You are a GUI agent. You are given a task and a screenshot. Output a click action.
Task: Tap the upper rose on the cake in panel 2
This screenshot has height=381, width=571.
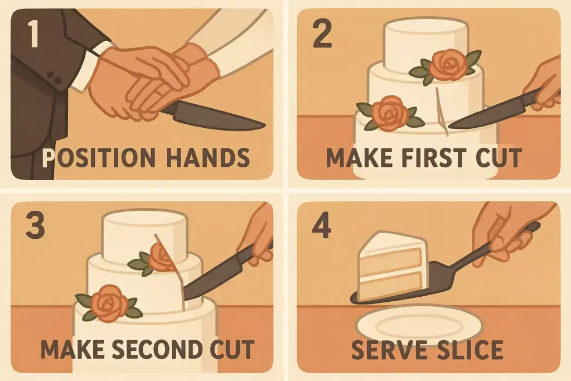[448, 64]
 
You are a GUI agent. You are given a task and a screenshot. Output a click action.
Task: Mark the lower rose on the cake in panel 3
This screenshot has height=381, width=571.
[109, 302]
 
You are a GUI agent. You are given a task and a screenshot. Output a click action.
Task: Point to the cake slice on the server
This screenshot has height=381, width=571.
[392, 264]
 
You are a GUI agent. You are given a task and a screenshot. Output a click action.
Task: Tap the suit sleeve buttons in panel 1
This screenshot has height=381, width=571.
[54, 75]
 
